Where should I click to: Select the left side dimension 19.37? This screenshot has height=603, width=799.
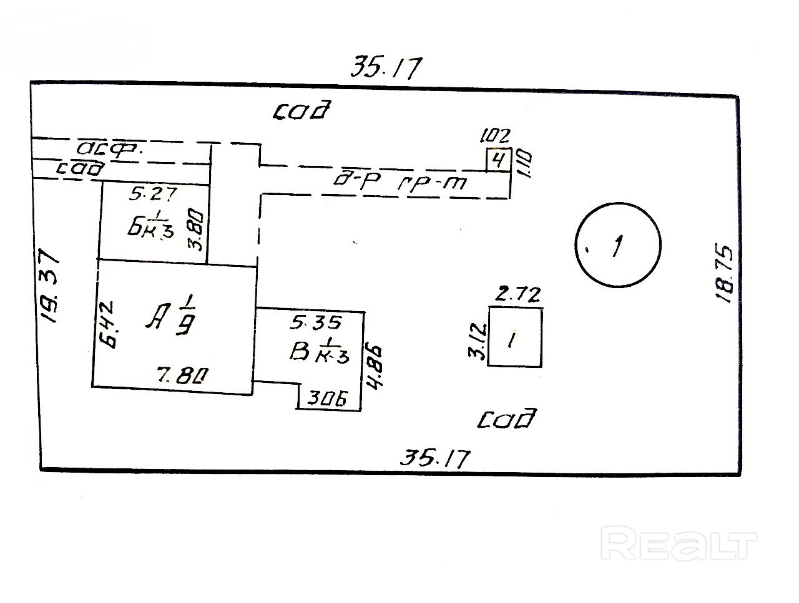48,286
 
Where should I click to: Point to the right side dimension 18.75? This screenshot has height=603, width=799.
724,273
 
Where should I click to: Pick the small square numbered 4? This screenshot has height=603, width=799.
499,160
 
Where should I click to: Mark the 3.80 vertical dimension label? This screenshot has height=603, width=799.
198,231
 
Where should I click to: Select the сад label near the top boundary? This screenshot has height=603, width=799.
301,111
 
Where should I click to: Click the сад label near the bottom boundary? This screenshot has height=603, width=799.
507,418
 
